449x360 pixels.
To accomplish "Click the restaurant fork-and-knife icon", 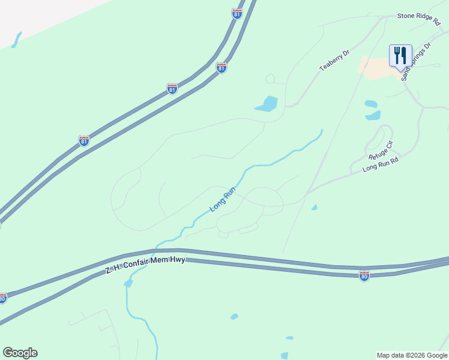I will [400, 56].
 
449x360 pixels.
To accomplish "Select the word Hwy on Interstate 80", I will [178, 259].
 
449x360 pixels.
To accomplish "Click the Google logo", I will [20, 353].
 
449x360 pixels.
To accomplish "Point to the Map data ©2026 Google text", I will [412, 355].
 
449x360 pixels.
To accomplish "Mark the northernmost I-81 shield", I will [237, 14].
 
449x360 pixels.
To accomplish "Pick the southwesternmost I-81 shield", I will [84, 141].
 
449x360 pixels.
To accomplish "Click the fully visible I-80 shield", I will [364, 276].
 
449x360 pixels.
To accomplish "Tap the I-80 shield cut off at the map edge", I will [3, 298].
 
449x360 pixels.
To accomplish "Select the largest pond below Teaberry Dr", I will [267, 104].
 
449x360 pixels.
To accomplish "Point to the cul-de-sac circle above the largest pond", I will [270, 79].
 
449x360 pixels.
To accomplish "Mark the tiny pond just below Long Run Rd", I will [315, 208].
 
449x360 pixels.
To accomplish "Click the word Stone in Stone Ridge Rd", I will [406, 16].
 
